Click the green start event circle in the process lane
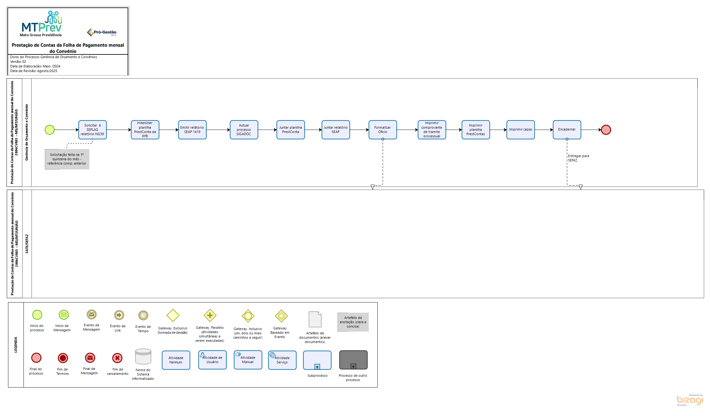[x=49, y=130]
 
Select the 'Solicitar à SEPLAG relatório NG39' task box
[x=92, y=130]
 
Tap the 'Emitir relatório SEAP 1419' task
[x=192, y=130]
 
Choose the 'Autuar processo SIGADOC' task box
[x=244, y=130]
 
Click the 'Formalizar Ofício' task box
[x=383, y=130]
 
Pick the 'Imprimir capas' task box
[x=521, y=130]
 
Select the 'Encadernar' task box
[x=567, y=130]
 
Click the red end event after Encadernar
[x=606, y=130]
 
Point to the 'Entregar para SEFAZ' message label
[x=578, y=158]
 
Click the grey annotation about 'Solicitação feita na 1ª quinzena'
[x=67, y=159]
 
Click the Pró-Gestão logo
[x=102, y=32]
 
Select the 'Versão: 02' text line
[x=18, y=62]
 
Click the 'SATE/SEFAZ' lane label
[x=27, y=244]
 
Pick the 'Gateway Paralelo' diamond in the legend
[x=210, y=315]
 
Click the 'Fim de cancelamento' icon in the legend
[x=117, y=358]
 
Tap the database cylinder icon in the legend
[x=143, y=357]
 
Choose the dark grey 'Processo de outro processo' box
[x=353, y=360]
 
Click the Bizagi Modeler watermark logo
[x=690, y=400]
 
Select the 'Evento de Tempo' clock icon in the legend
[x=143, y=315]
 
